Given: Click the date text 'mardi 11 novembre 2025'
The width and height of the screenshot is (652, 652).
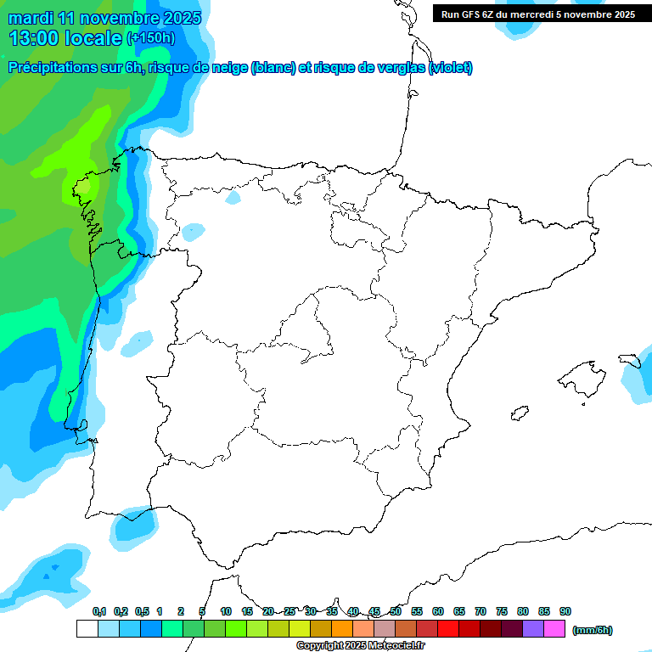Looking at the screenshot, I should tap(104, 18).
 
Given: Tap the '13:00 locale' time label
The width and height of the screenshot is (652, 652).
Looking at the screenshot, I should tap(65, 37).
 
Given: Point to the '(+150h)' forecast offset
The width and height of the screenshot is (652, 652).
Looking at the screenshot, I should tap(150, 37).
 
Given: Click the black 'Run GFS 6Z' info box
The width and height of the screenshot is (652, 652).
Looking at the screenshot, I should tap(537, 14).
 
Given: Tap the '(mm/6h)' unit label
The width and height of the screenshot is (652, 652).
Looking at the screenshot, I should tap(592, 630).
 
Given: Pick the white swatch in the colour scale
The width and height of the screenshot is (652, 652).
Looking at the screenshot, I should tap(87, 629).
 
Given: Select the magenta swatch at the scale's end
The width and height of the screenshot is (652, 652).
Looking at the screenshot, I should tap(554, 629).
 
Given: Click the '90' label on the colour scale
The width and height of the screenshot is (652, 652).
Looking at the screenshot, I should tap(565, 611).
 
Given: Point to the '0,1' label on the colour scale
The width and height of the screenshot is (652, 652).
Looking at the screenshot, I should tap(99, 611).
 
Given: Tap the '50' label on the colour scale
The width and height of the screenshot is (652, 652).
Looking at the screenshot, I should tap(396, 611).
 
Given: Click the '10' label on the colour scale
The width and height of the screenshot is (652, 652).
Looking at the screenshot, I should tap(226, 611).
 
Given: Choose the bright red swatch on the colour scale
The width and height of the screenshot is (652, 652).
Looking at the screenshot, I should tap(447, 629).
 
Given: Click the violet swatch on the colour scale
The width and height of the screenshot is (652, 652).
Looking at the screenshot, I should tap(532, 629).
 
